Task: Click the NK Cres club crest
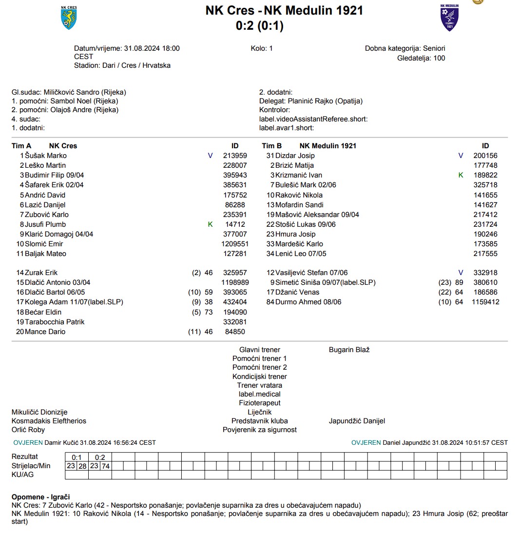click(x=69, y=18)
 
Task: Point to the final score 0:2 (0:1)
click(x=260, y=26)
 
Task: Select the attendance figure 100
click(x=439, y=58)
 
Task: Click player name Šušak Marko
click(x=46, y=156)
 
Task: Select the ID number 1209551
click(x=235, y=244)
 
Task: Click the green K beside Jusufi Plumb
click(x=211, y=224)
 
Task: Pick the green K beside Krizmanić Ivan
click(x=461, y=175)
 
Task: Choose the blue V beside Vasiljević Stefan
click(x=461, y=273)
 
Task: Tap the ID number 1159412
click(x=485, y=302)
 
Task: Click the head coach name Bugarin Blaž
click(x=349, y=350)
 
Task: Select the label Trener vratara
click(x=260, y=385)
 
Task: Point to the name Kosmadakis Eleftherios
click(x=49, y=421)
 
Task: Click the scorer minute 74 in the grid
click(x=106, y=466)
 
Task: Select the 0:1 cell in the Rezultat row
click(x=77, y=457)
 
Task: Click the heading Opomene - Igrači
click(x=41, y=496)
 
